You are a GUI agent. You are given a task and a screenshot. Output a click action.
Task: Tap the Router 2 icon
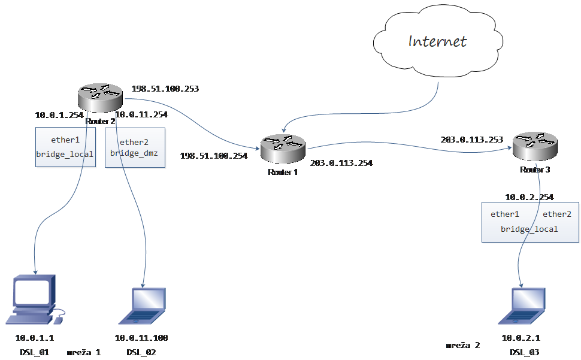100,98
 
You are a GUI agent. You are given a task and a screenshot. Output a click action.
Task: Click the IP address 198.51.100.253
165,89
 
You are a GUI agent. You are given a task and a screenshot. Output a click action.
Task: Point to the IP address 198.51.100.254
214,156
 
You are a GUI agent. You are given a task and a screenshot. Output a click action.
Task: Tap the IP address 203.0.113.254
341,163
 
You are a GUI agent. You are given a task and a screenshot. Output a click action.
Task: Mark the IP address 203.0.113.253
472,140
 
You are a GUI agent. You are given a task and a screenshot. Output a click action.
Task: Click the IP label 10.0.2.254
529,197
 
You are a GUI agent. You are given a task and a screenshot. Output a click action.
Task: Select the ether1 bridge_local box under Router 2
65,147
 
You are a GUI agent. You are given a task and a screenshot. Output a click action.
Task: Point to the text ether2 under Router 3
557,214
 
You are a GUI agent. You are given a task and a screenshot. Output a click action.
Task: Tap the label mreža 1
84,352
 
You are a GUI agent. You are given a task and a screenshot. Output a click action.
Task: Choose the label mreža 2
463,345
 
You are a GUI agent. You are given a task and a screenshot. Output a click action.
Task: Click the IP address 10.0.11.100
141,338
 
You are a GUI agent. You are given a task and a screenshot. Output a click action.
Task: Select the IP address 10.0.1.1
35,338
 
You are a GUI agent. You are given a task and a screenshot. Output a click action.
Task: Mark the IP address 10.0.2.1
521,338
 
